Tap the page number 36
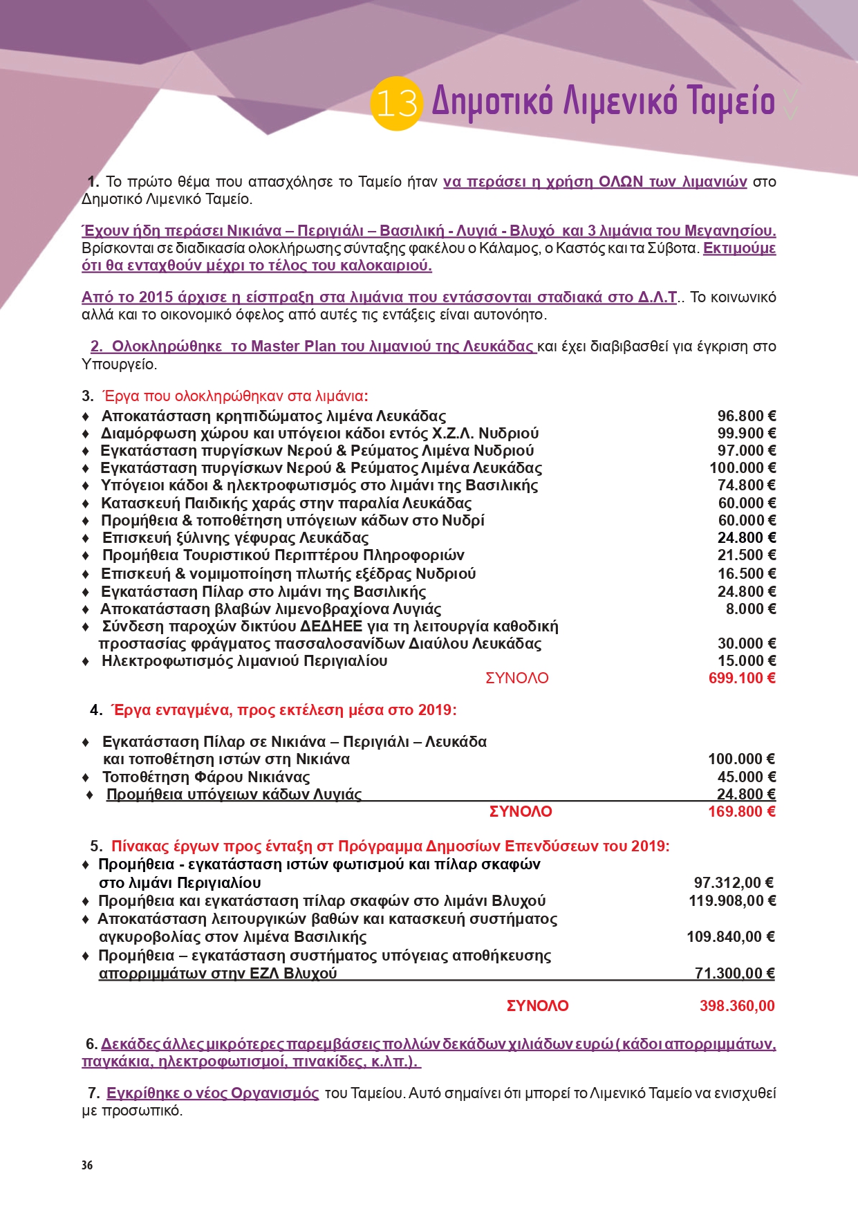click(x=87, y=1165)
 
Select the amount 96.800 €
click(x=747, y=416)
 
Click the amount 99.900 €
click(x=747, y=434)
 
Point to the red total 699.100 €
click(x=742, y=678)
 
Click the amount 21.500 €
click(x=747, y=555)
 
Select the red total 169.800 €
click(x=742, y=812)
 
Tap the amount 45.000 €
click(x=747, y=777)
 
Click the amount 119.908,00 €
click(x=732, y=901)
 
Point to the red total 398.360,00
click(x=737, y=1006)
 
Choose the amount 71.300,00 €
click(x=734, y=974)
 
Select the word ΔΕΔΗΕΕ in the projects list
click(x=331, y=627)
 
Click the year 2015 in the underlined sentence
click(x=156, y=297)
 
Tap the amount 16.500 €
click(x=747, y=574)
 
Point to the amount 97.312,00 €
click(x=734, y=883)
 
